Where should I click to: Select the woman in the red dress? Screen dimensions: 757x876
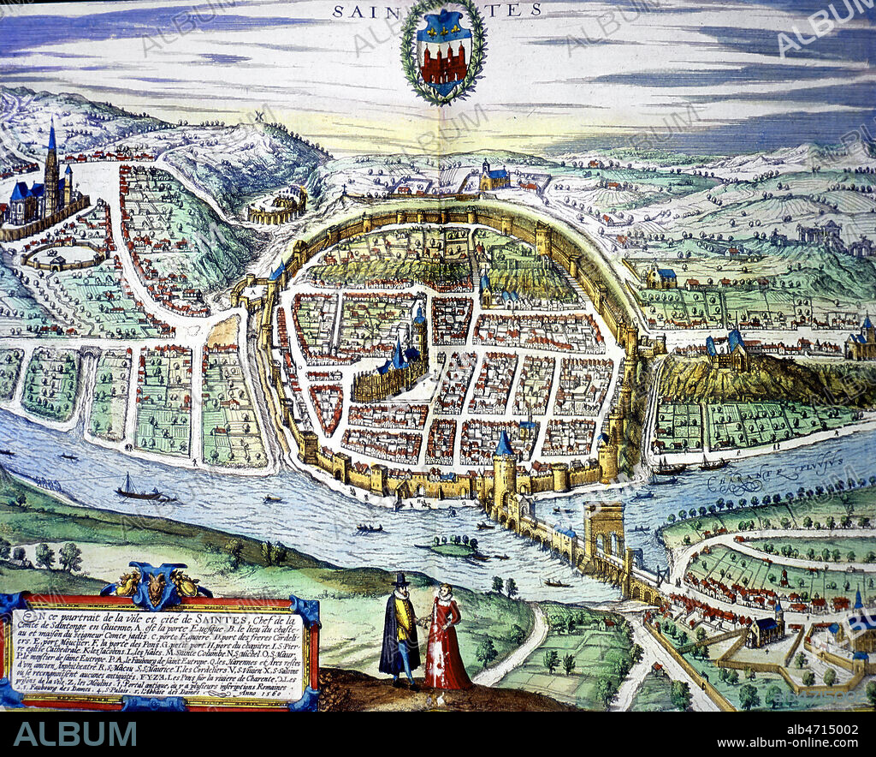[446, 638]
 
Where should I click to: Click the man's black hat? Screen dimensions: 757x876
[400, 581]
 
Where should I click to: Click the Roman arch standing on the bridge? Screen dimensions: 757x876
[604, 530]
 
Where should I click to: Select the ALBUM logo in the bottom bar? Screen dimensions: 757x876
[74, 734]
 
